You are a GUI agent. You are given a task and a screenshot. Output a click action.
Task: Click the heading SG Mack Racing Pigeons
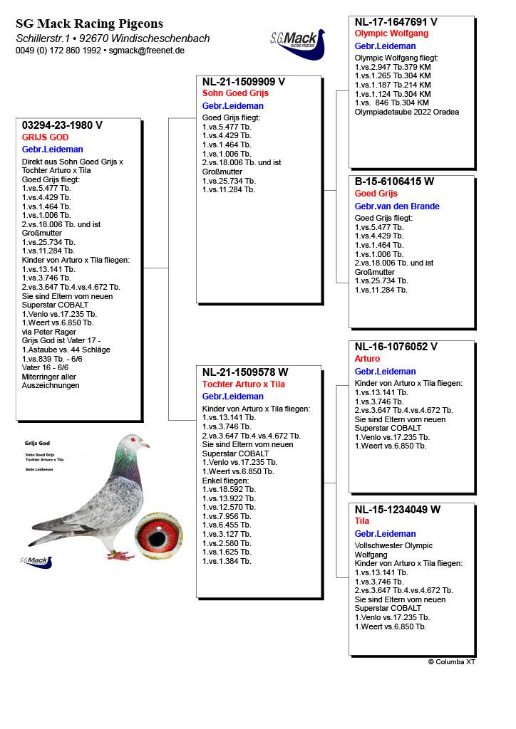coord(89,24)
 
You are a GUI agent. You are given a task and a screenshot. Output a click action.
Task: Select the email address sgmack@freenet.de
coord(147,51)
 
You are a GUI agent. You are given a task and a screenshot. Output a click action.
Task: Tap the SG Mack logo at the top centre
coord(297,44)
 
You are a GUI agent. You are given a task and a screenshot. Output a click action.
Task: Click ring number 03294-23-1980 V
coord(63,125)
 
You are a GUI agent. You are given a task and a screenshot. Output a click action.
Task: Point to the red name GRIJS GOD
coord(45,137)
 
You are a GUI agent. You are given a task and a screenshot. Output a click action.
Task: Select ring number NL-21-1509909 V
coord(244,81)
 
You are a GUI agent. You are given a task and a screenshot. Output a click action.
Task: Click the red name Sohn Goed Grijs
coord(235,93)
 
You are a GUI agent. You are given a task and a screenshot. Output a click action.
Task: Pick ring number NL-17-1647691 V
coord(396,22)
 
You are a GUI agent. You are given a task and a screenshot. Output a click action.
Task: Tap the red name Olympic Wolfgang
coord(391,33)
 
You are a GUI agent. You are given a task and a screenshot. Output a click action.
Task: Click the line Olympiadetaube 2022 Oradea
coord(407,112)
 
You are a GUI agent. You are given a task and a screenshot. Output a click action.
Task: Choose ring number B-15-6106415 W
coord(394,182)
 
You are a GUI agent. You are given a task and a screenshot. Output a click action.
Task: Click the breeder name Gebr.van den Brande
coord(397,206)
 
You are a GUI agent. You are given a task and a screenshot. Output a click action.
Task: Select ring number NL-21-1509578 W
coord(245,372)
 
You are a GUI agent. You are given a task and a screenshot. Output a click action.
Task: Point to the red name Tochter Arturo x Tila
coord(243,384)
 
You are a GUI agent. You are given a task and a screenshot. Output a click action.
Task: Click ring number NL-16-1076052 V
coord(396,347)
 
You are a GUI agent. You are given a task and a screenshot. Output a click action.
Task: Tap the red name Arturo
coord(368,359)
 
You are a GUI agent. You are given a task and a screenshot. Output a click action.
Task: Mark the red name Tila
coord(362,521)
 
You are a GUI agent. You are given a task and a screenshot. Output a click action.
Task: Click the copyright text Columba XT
coord(452,662)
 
